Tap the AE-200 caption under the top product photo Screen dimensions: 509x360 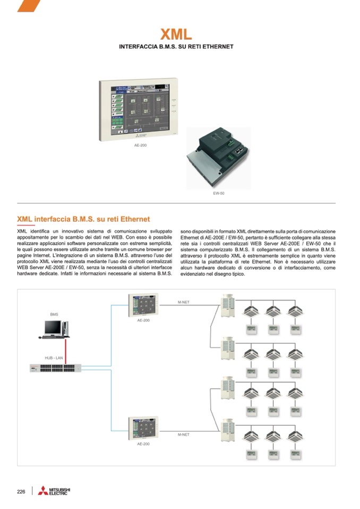[140, 145]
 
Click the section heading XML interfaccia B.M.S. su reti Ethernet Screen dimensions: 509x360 [83, 219]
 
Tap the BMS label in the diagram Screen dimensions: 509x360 [54, 315]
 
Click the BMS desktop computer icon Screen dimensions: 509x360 [56, 329]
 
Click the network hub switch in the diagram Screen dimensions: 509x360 [55, 367]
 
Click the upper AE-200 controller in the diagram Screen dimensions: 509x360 [143, 305]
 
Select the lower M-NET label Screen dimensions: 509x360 [184, 435]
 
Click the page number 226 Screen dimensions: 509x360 [22, 491]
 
